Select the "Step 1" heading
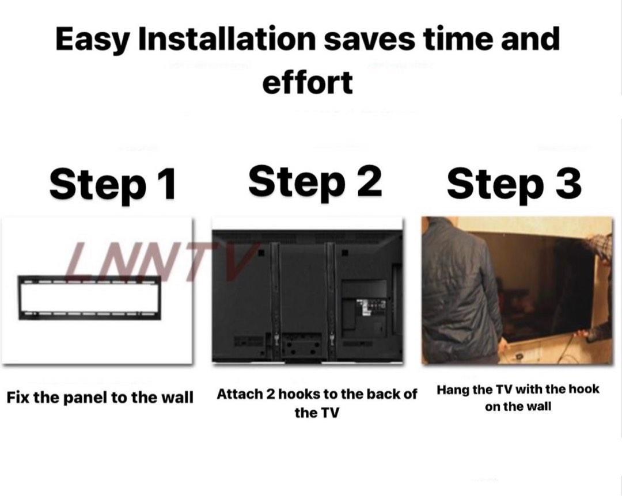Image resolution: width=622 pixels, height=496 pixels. (112, 184)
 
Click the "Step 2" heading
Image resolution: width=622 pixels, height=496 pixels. (315, 181)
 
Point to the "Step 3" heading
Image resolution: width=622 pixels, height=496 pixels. (514, 184)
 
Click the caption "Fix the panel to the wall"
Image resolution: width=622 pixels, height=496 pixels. (100, 397)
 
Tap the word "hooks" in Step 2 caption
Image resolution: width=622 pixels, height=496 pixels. (295, 395)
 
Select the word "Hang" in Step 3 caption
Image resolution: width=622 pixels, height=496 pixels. (453, 390)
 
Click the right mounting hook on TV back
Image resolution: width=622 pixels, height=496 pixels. (331, 299)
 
